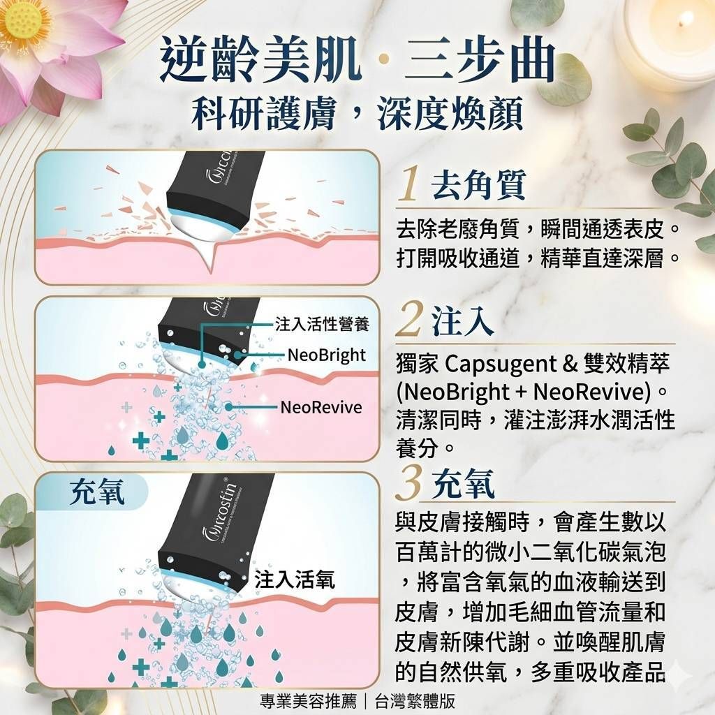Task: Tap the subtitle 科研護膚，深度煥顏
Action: point(357,112)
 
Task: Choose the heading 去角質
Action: point(479,184)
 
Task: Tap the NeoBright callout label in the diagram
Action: point(327,355)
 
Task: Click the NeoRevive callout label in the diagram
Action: point(321,407)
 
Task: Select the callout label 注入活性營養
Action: point(323,324)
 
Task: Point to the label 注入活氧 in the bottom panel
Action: point(295,580)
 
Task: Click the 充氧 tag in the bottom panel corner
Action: point(96,492)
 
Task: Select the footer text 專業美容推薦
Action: point(308,701)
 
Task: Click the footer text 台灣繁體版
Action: point(415,701)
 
